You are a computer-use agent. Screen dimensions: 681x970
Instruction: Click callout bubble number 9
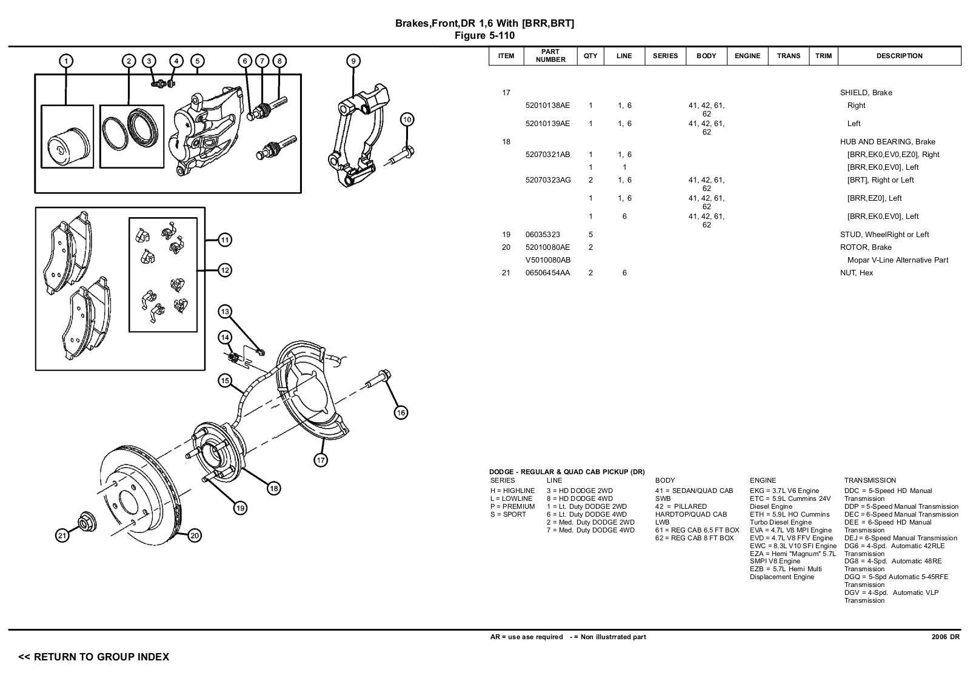[x=353, y=61]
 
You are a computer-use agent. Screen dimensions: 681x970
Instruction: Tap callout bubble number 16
[x=401, y=413]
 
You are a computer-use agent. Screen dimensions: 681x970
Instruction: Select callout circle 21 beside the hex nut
[x=62, y=535]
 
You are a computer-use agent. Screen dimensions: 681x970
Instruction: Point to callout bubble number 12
[x=225, y=270]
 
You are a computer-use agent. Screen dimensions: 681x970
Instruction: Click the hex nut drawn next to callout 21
[x=85, y=522]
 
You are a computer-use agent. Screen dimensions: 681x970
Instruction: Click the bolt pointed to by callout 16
[x=377, y=380]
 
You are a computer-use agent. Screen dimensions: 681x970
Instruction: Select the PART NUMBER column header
[x=550, y=56]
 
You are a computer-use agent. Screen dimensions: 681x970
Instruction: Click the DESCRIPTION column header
[x=899, y=56]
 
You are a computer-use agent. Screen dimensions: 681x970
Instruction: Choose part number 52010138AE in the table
[x=547, y=106]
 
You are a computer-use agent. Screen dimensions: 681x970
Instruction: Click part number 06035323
[x=543, y=235]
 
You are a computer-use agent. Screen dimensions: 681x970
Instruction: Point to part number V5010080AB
[x=547, y=260]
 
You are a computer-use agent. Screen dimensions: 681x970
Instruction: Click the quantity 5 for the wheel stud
[x=590, y=235]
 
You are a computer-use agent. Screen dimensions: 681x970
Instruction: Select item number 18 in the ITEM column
[x=506, y=142]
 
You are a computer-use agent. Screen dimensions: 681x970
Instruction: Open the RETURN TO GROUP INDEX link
[x=94, y=657]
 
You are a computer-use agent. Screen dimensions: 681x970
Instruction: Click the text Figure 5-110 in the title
[x=484, y=35]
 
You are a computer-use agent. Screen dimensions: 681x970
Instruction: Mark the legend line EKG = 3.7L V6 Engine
[x=784, y=491]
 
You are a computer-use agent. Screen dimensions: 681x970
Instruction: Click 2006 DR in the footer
[x=945, y=637]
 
